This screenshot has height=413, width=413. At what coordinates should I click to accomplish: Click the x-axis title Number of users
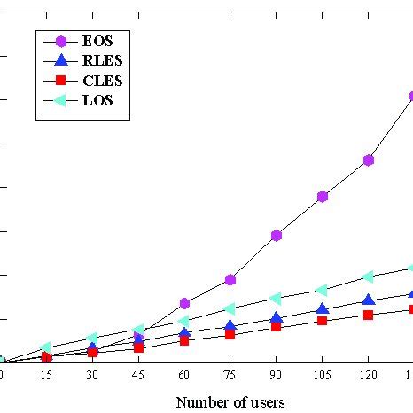230,402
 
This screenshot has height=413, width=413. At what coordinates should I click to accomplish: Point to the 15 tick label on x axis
46,376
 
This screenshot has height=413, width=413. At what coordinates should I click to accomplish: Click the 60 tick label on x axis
184,376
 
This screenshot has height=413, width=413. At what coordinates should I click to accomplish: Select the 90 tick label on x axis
276,376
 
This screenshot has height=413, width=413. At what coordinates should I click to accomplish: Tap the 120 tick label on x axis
368,376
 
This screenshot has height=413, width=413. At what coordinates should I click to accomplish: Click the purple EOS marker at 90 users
277,235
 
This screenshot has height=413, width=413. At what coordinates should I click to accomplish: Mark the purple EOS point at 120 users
368,160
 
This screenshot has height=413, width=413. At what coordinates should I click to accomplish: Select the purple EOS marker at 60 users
184,303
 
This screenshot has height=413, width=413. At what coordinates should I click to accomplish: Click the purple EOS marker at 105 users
323,196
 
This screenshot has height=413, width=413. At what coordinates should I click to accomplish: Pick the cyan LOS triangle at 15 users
46,348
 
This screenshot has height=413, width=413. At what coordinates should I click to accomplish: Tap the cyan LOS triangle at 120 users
368,277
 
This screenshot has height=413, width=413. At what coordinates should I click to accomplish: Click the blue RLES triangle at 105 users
323,308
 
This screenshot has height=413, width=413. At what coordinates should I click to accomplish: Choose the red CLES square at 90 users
277,327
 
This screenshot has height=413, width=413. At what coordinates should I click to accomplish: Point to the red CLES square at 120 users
368,315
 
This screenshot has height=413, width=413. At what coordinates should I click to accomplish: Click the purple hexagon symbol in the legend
61,40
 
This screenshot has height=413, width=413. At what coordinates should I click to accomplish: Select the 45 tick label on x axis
138,376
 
